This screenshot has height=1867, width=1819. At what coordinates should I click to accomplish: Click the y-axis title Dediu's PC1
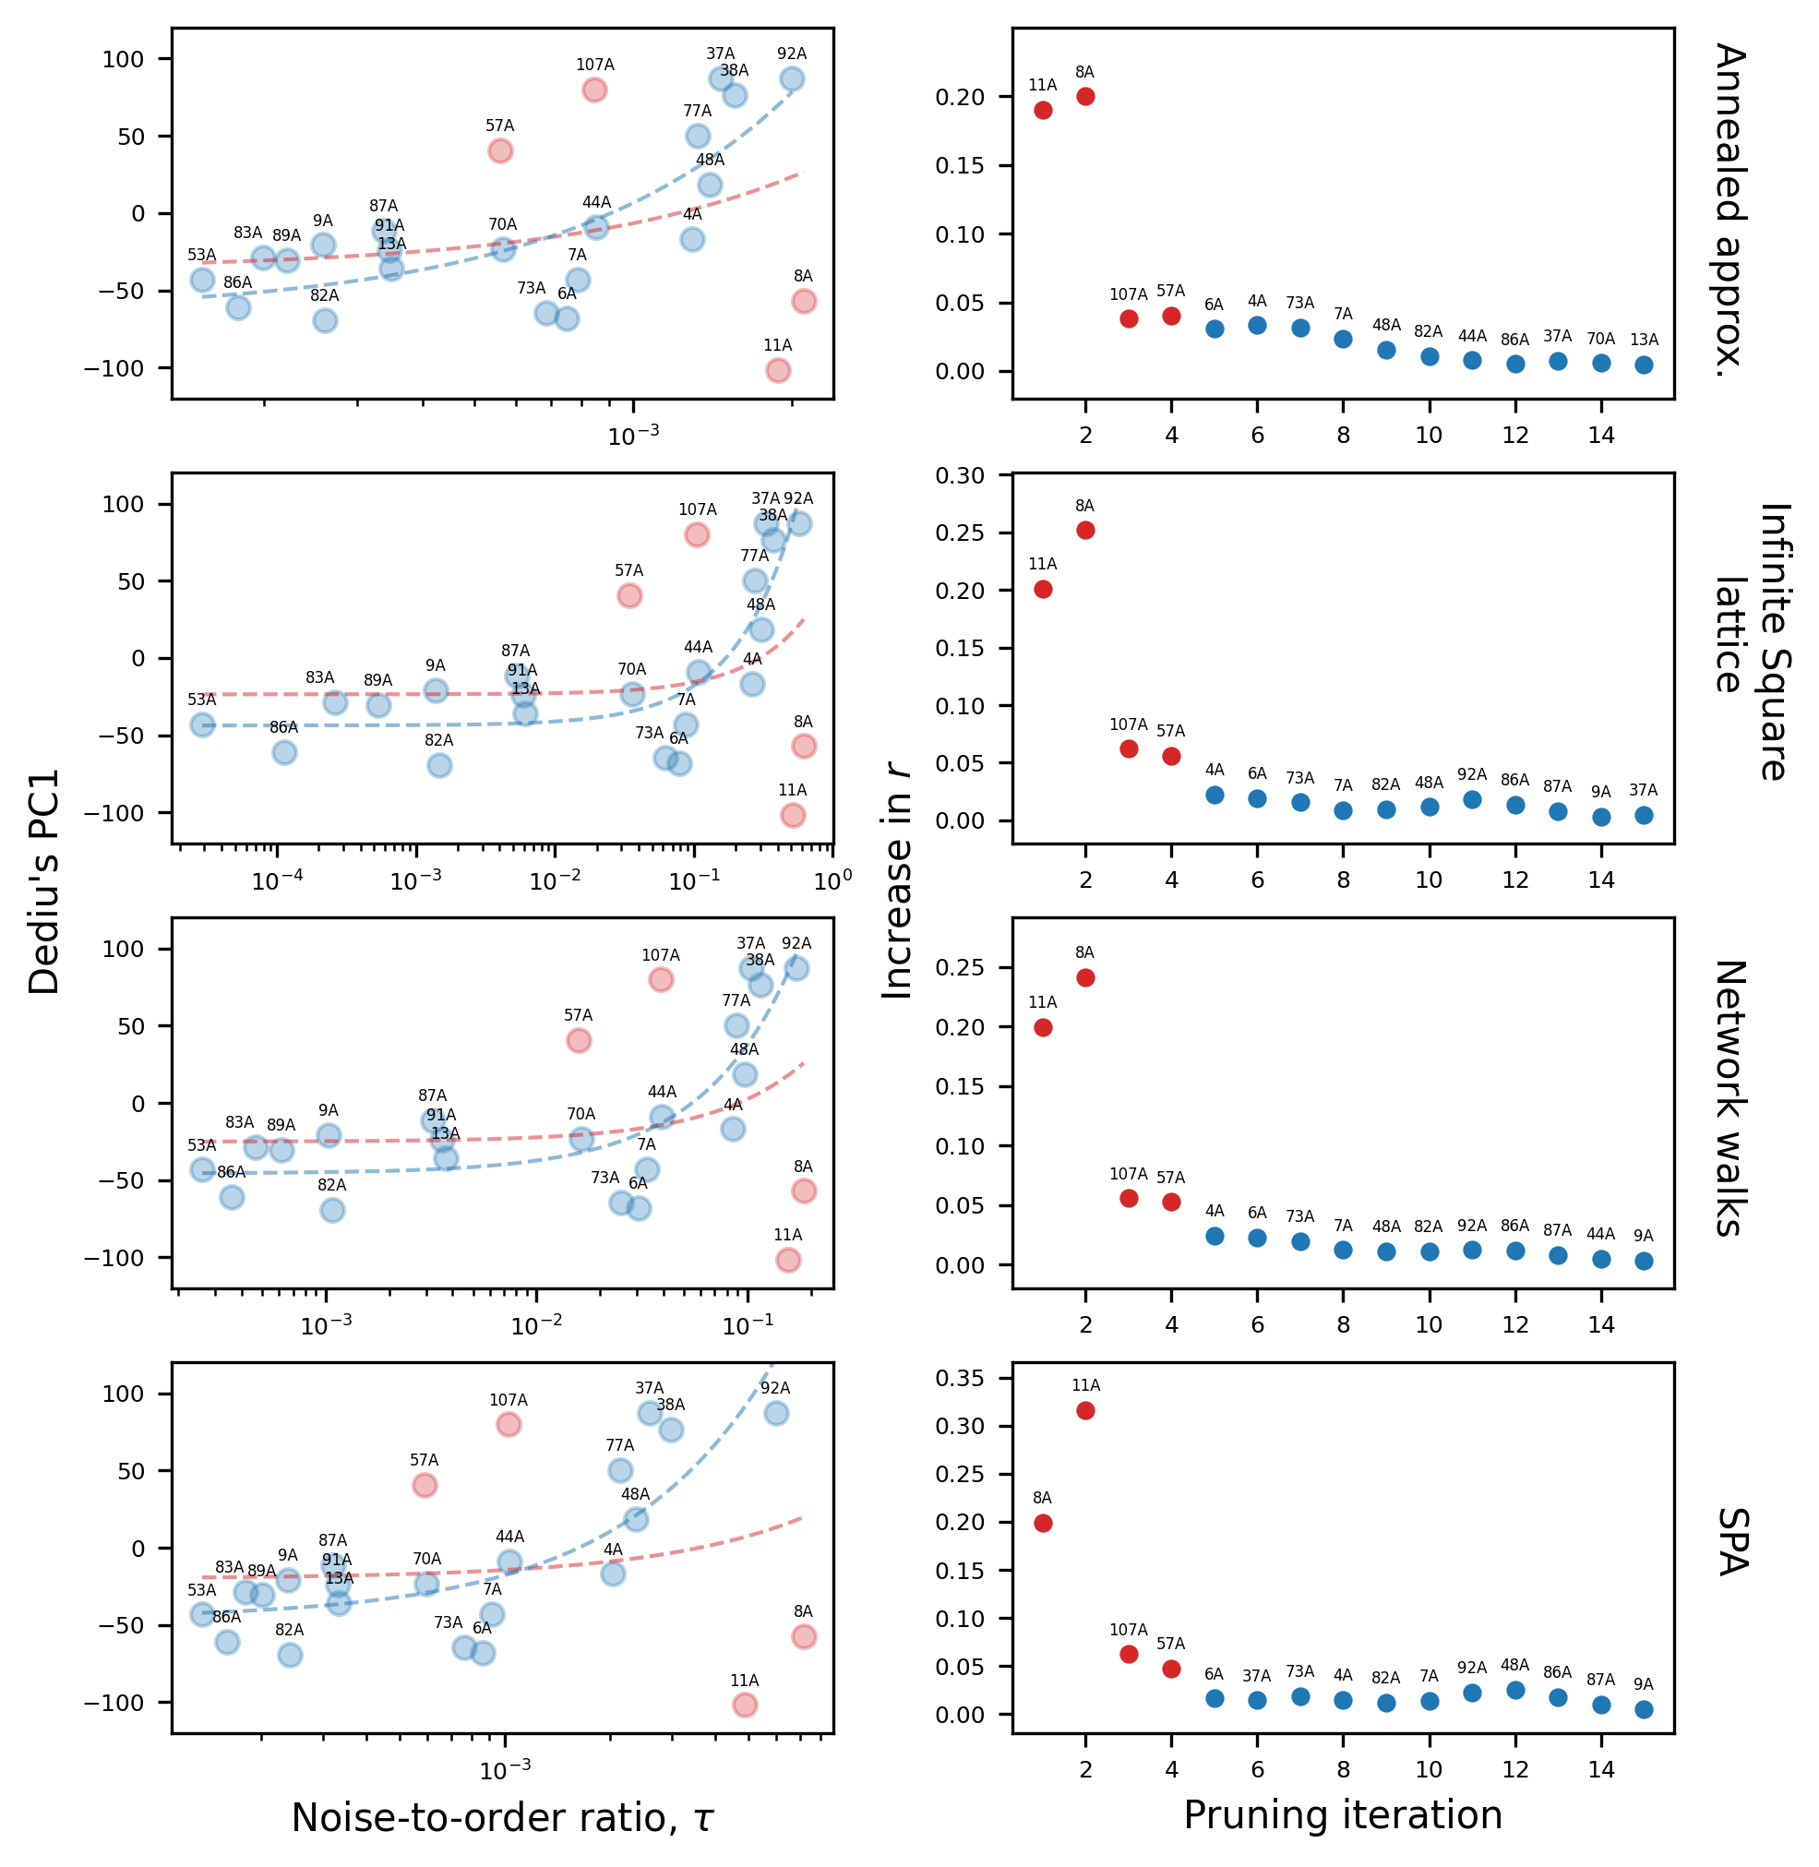[x=44, y=882]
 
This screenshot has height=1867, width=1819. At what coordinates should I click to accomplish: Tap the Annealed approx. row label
[x=1729, y=211]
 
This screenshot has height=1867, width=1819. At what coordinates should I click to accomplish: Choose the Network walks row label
[x=1729, y=1098]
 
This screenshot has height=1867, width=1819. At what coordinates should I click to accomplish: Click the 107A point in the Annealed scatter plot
[x=594, y=90]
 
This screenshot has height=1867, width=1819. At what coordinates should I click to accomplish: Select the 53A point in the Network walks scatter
[x=202, y=1169]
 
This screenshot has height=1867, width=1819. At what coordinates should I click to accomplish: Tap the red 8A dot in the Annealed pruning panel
[x=1085, y=97]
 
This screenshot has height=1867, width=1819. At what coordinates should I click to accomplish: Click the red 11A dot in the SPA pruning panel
[x=1085, y=1410]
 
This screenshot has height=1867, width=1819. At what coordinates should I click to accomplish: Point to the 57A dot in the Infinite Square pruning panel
[x=1171, y=756]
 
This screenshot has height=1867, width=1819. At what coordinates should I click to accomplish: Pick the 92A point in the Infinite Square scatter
[x=799, y=523]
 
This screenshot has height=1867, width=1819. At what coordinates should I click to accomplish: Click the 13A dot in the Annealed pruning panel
[x=1644, y=365]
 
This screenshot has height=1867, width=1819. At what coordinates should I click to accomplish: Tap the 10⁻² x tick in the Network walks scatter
[x=537, y=1325]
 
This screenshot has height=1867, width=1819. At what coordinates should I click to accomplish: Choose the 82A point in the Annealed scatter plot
[x=325, y=320]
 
